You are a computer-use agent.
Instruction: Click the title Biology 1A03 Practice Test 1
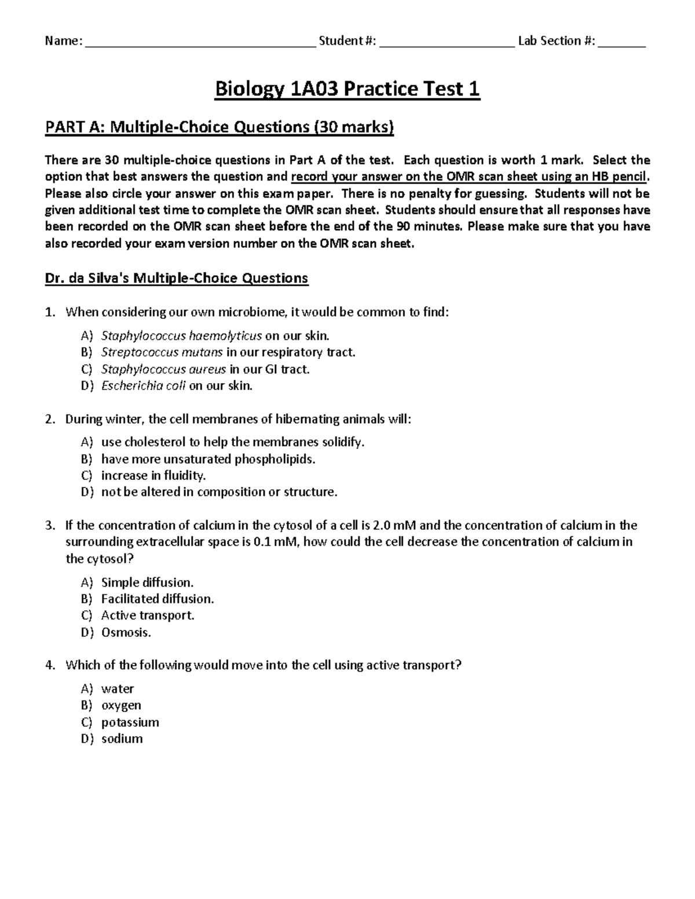(347, 90)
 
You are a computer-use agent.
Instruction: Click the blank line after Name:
(200, 43)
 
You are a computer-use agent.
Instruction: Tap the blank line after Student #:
(447, 43)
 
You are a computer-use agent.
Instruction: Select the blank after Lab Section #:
(621, 43)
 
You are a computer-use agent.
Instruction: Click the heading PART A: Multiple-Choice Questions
(220, 127)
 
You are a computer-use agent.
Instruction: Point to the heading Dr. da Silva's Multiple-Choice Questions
(177, 278)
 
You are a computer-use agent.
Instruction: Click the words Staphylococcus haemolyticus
(181, 336)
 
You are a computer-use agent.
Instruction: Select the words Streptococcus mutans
(162, 352)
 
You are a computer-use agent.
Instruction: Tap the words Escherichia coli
(143, 386)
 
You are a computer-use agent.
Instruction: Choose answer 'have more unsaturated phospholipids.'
(208, 459)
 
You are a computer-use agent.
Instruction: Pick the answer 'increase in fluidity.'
(153, 475)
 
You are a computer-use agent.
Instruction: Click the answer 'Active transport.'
(148, 615)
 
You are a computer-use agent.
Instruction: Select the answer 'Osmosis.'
(126, 632)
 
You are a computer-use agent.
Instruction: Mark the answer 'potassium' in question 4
(130, 722)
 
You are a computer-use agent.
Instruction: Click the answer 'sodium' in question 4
(122, 739)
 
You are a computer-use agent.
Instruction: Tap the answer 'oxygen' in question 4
(121, 706)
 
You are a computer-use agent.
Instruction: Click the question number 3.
(50, 526)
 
